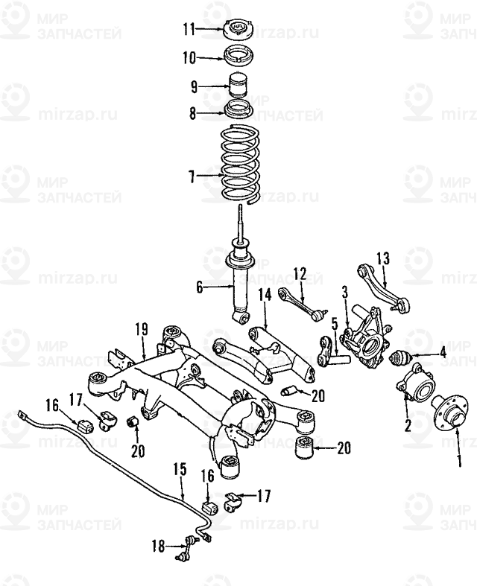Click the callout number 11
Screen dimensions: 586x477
(x=189, y=29)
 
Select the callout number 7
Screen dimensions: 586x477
(x=192, y=176)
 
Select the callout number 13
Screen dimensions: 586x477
(x=382, y=258)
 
